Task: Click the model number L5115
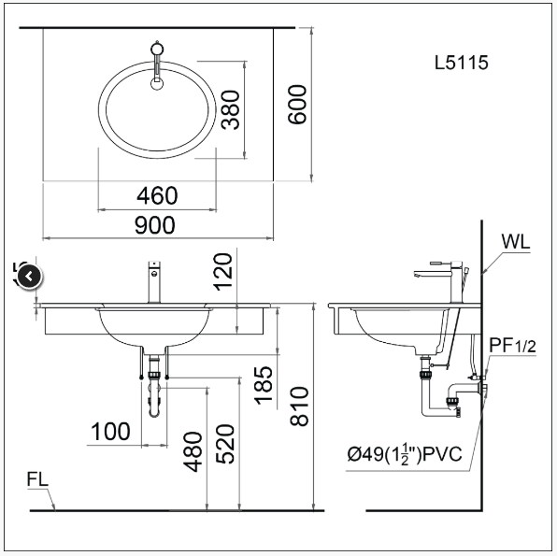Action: (x=462, y=63)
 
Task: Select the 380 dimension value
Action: (x=231, y=109)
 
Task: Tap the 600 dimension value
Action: (x=296, y=105)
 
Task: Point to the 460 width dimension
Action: (x=157, y=195)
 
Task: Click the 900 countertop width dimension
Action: (x=155, y=225)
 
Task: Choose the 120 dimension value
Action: (x=223, y=272)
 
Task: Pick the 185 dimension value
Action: (x=264, y=386)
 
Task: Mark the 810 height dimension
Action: (x=299, y=406)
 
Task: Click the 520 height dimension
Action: (x=225, y=444)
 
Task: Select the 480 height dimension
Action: (x=193, y=452)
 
